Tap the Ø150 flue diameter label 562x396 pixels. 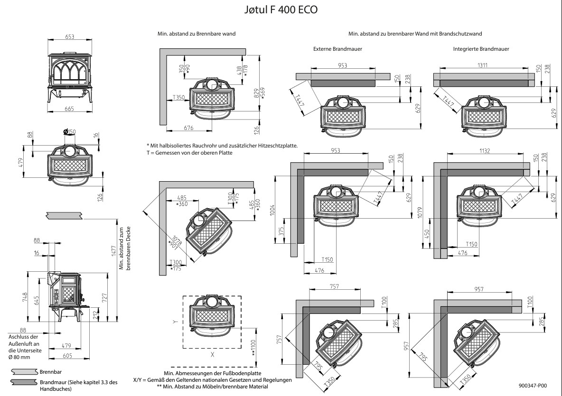[69, 131]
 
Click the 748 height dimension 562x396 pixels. [25, 297]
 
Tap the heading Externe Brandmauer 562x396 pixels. [337, 49]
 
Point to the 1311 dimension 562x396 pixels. [485, 65]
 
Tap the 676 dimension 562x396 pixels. [188, 127]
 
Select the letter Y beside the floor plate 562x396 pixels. [175, 322]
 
